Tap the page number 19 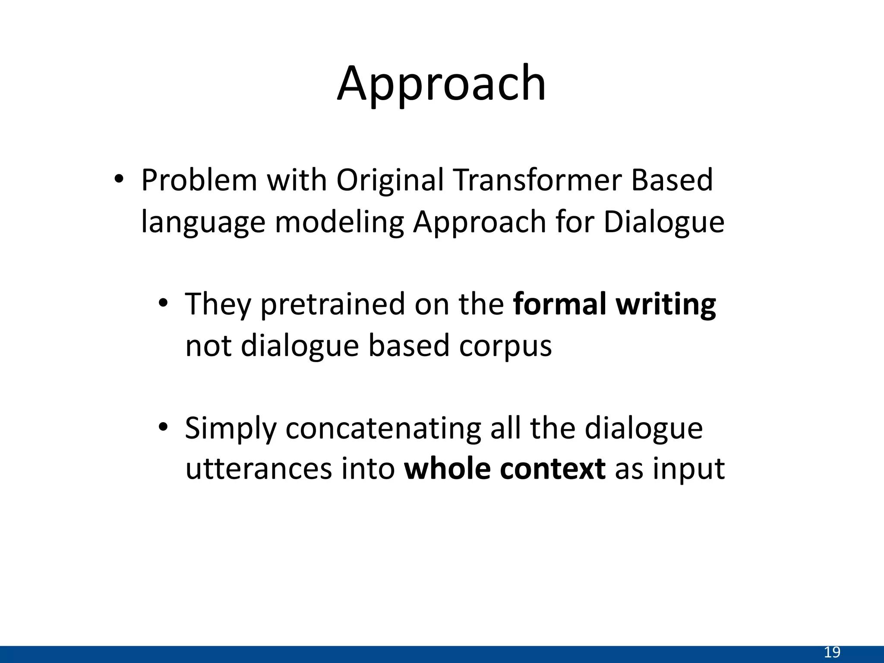pos(832,652)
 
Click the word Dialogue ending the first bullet pos(663,222)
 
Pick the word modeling pos(339,222)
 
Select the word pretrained pos(332,305)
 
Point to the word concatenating pos(383,429)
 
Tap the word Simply pos(230,429)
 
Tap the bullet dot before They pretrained pos(162,303)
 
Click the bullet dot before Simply pos(162,427)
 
